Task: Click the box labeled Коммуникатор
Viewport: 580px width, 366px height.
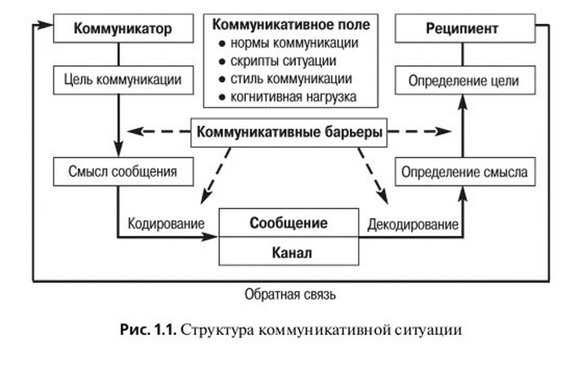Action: [123, 29]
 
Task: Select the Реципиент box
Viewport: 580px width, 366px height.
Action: [465, 29]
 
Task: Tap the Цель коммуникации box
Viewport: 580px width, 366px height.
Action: [123, 80]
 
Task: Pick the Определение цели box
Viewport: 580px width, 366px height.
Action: [465, 80]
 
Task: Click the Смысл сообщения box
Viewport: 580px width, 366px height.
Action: [123, 172]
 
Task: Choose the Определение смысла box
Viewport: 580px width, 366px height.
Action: [465, 172]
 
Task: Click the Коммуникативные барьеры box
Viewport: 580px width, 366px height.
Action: [289, 132]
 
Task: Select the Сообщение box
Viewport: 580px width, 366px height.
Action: [289, 223]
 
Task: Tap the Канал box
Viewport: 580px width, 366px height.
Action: [289, 252]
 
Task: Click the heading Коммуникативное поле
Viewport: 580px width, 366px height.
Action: [291, 25]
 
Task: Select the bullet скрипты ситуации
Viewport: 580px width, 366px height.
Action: [283, 61]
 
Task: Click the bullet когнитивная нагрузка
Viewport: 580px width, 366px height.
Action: [293, 97]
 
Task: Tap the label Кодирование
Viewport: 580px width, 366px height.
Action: [166, 224]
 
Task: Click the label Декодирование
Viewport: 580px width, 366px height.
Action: [413, 225]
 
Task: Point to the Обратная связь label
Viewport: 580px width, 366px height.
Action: [290, 295]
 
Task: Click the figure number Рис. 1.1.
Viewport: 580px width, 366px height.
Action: [148, 330]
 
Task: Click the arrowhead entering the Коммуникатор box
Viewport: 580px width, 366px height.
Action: [45, 25]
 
